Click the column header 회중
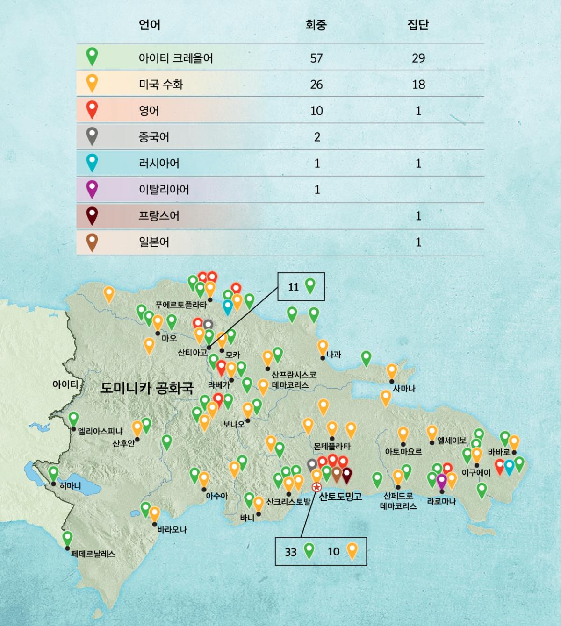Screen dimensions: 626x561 pos(316,25)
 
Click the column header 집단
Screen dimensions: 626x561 pos(418,25)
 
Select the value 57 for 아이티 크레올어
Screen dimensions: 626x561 pos(316,58)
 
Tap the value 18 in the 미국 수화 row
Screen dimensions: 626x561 pos(418,85)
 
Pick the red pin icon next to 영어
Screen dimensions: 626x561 pos(92,109)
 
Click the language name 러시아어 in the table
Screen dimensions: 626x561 pos(159,164)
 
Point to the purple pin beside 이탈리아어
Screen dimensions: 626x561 pos(92,189)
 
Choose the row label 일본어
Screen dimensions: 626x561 pos(154,242)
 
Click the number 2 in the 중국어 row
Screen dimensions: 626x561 pos(317,137)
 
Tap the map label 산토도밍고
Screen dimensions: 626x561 pos(340,496)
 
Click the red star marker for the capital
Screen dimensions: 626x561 pos(316,487)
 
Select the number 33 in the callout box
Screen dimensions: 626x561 pos(291,552)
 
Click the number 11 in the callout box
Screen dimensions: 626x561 pos(293,287)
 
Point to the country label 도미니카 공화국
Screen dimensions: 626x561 pos(147,387)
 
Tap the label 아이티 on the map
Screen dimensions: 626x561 pos(65,384)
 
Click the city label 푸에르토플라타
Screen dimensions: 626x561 pos(181,305)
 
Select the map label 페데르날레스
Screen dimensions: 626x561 pos(93,554)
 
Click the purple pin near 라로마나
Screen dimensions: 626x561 pos(442,480)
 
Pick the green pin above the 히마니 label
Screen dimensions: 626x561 pos(54,473)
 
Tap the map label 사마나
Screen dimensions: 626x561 pos(404,388)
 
